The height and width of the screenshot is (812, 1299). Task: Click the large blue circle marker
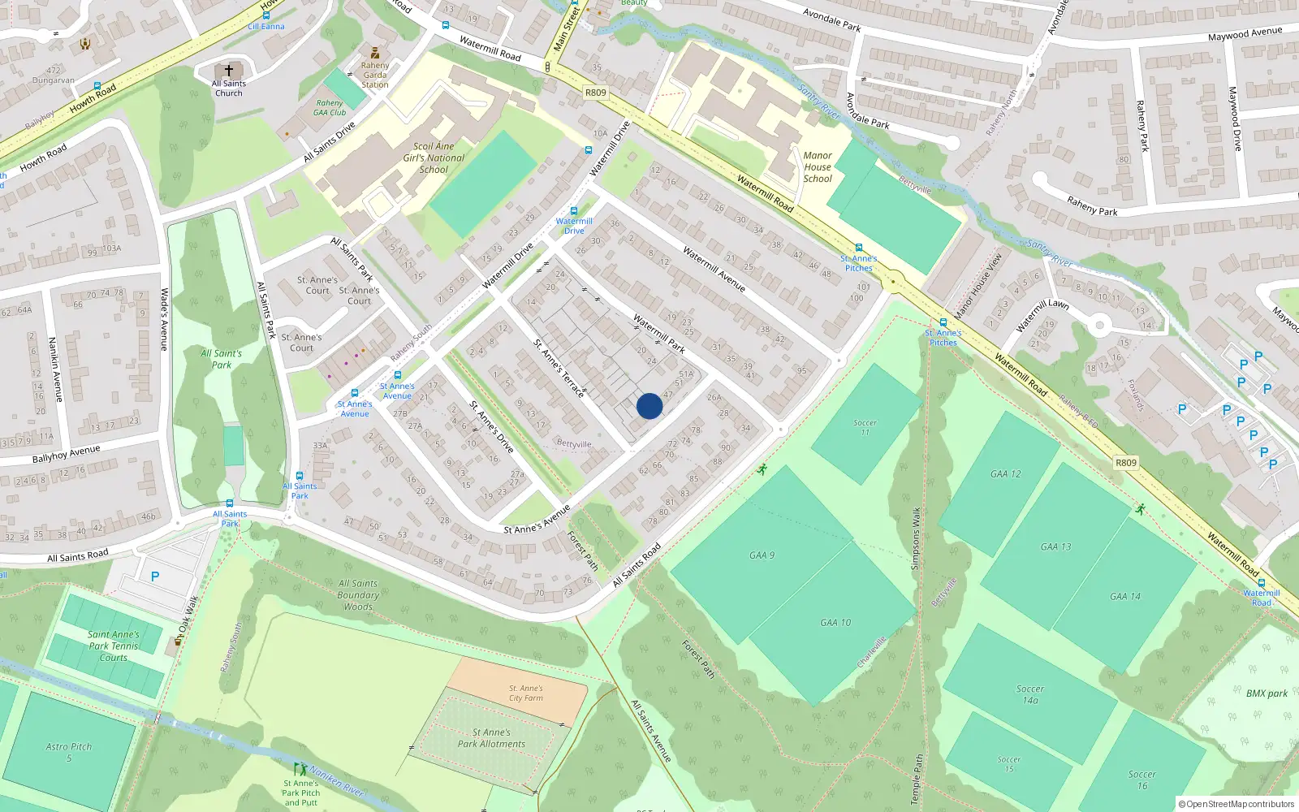point(649,406)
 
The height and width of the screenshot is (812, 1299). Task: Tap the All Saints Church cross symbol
point(229,71)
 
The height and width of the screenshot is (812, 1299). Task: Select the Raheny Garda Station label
point(375,75)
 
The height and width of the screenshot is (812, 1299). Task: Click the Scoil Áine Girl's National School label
point(434,158)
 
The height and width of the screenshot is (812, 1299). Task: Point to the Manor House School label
point(818,167)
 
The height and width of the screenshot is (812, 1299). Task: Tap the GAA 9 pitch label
point(762,555)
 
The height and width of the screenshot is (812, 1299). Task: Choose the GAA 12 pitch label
point(1005,474)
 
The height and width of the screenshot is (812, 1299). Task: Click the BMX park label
point(1267,693)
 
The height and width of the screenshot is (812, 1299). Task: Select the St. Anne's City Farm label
point(526,693)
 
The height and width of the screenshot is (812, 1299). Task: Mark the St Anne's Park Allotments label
point(491,738)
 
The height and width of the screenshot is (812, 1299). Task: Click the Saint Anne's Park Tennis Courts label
point(114,646)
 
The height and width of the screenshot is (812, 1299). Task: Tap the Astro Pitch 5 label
point(69,752)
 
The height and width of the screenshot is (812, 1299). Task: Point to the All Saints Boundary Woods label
point(358,594)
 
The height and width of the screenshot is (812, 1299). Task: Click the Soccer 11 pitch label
point(865,427)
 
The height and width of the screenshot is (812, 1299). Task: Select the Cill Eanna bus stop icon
point(265,15)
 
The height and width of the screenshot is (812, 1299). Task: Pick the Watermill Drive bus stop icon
point(574,211)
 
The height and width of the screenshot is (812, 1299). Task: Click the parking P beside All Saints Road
point(155,577)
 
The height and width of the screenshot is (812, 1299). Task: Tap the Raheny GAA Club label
point(330,108)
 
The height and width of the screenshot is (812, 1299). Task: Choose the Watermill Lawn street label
point(1042,315)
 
